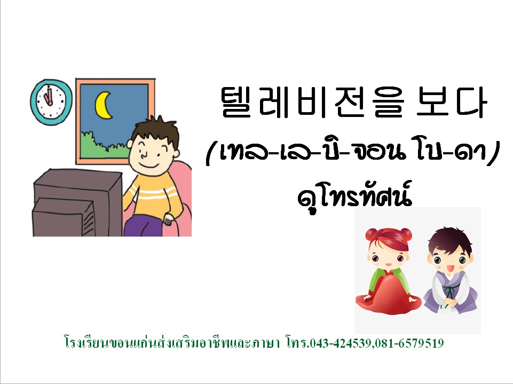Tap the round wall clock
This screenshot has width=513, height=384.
[51, 102]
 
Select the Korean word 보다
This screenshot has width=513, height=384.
[452, 101]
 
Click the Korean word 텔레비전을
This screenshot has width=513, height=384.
[312, 101]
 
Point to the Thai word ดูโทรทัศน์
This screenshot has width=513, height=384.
[354, 197]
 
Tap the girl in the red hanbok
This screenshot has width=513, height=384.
[388, 271]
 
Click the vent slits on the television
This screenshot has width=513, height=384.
[88, 223]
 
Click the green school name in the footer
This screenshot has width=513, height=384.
[172, 343]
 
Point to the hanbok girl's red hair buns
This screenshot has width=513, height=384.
[388, 234]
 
